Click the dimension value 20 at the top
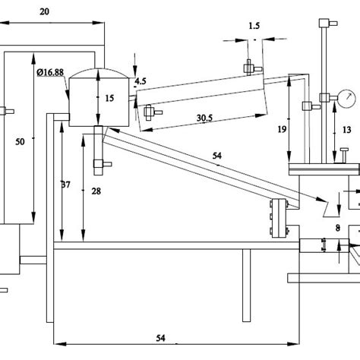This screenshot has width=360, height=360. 44,11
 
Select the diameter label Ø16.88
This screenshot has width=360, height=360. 50,72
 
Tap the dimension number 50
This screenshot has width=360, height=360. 20,141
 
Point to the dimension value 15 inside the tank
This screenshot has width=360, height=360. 109,98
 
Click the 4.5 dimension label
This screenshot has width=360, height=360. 141,81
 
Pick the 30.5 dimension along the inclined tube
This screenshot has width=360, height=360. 204,118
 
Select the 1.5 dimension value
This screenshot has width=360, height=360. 254,26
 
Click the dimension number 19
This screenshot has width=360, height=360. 282,129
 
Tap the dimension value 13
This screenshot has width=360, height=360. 346,130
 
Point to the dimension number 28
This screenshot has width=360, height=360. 96,191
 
